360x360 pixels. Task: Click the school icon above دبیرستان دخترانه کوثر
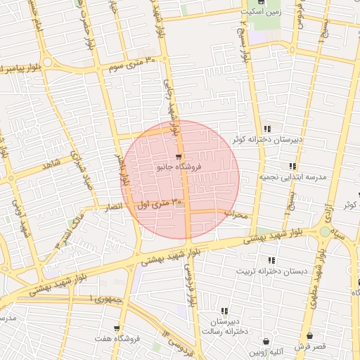coord(267,129)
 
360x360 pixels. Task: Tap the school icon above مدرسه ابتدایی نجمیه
coord(271,168)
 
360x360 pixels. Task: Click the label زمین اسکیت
coord(261,12)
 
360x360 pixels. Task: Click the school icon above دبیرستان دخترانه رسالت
coord(224,311)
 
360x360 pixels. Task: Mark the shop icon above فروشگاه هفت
coord(116,328)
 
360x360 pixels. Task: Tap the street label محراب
coord(237,214)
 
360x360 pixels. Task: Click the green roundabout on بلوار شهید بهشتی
coord(324,231)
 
